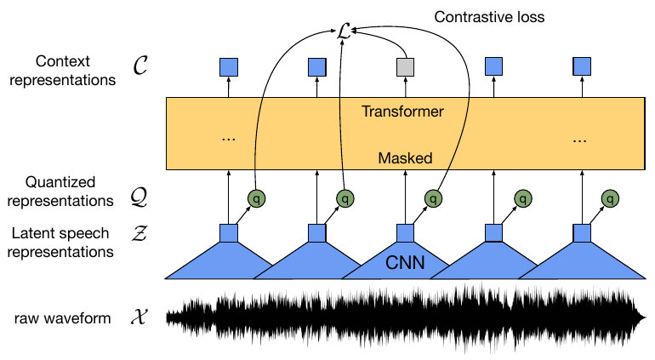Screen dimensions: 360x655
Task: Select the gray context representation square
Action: click(x=405, y=66)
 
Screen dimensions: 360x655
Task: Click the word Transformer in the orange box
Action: click(x=403, y=111)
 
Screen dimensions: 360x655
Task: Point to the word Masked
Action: click(x=404, y=158)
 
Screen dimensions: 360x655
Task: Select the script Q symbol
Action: click(x=143, y=199)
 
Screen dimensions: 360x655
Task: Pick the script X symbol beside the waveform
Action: click(x=142, y=319)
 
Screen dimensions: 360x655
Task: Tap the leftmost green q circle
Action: click(x=255, y=199)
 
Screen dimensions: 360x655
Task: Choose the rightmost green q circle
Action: click(x=609, y=199)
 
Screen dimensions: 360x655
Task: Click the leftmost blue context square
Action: click(x=228, y=66)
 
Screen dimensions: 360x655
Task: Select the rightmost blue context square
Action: click(x=582, y=66)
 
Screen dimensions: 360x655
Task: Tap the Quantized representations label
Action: click(x=60, y=191)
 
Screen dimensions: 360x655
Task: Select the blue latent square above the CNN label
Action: click(x=405, y=232)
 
